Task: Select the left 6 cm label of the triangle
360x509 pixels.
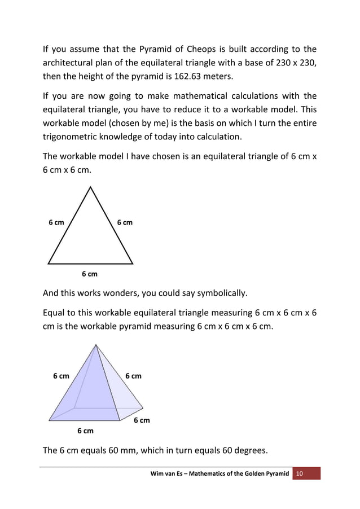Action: (x=56, y=222)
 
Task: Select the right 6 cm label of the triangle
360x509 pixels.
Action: (x=125, y=222)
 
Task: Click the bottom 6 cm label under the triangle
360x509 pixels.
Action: (x=89, y=274)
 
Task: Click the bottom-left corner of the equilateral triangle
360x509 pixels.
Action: (x=49, y=264)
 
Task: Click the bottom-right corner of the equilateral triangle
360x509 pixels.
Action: (x=133, y=264)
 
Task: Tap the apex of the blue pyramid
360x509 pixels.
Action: (x=96, y=345)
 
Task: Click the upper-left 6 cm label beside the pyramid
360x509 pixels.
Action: (x=61, y=376)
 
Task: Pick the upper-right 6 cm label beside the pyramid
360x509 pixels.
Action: (x=134, y=376)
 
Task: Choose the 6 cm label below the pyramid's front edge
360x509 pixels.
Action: (x=85, y=431)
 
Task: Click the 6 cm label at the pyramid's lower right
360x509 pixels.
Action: (x=142, y=420)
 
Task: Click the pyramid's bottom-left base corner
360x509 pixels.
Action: (x=49, y=420)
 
